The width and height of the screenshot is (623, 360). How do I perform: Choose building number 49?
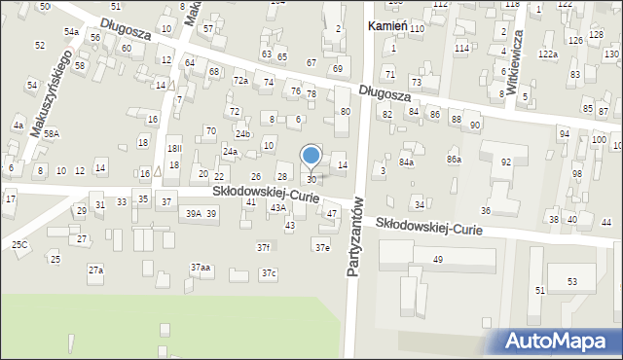(x=437, y=259)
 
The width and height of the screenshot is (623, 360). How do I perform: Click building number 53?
(x=572, y=281)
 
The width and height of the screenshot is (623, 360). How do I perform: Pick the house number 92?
(x=506, y=162)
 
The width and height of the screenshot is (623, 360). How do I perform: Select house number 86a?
(x=454, y=158)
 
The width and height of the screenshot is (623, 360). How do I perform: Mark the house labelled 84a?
(x=406, y=162)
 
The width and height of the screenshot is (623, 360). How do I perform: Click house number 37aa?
(x=200, y=267)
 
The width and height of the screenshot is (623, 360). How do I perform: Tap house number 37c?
(x=268, y=273)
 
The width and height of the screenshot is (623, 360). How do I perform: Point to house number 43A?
(x=277, y=207)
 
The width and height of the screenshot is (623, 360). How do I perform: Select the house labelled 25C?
(x=19, y=244)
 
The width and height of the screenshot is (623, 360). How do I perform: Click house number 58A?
(x=51, y=133)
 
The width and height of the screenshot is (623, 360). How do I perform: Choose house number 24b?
(x=242, y=133)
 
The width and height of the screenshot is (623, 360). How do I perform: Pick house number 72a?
(x=240, y=80)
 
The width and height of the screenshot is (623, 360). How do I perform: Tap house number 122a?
(x=547, y=54)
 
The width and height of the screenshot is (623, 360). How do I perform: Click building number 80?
(x=345, y=112)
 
